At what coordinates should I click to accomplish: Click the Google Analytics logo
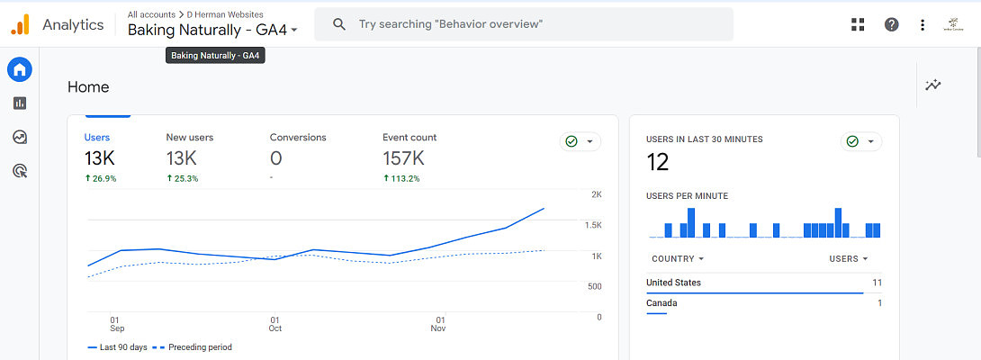tap(20, 24)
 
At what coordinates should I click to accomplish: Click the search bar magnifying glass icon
tap(339, 24)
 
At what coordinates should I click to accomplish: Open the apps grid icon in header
tap(858, 24)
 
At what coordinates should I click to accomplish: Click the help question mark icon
tap(891, 24)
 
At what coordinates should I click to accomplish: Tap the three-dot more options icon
tap(922, 24)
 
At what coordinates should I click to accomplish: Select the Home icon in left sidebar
tap(20, 69)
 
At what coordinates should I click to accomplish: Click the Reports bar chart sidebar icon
tap(20, 103)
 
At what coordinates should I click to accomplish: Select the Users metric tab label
tap(97, 138)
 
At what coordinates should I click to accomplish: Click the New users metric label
tap(189, 138)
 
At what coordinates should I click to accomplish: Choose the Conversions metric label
tap(298, 138)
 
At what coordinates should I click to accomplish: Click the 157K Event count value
tap(403, 159)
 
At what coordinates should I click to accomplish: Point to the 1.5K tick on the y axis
tap(592, 225)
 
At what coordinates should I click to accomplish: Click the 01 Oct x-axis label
tap(275, 324)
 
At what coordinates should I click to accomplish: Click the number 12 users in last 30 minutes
tap(658, 163)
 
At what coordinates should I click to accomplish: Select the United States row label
tap(673, 283)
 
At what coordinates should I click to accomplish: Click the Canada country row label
tap(661, 303)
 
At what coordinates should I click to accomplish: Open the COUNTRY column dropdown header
tap(677, 259)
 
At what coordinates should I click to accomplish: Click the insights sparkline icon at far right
tap(933, 85)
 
